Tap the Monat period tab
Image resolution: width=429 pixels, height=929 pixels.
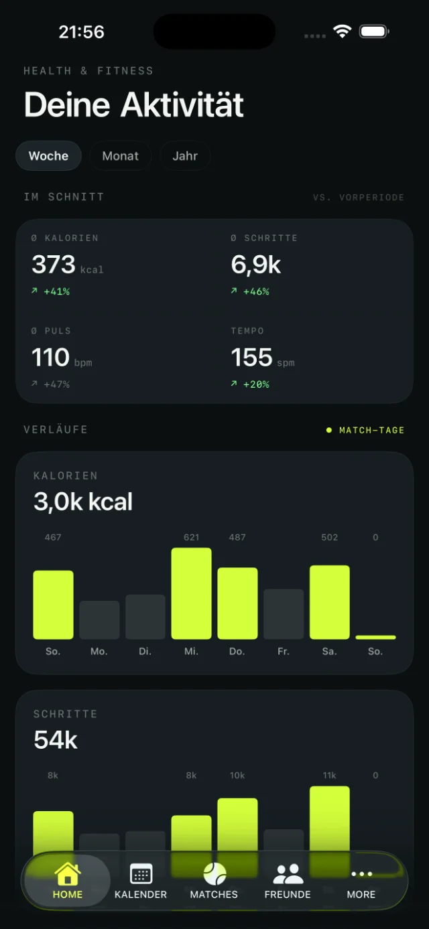120,156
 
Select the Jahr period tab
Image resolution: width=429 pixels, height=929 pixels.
185,156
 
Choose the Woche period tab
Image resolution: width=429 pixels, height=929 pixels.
48,156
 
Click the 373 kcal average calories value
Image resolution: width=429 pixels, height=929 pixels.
68,265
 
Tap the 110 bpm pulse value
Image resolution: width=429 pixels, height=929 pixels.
62,358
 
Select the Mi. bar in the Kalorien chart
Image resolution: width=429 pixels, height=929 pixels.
191,593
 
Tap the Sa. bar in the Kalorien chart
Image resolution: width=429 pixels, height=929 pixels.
329,602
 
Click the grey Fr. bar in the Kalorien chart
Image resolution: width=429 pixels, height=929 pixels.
284,614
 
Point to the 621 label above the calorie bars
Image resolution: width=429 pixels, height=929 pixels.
191,537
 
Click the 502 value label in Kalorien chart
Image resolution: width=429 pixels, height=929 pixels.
329,537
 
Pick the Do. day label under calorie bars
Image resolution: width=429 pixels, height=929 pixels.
237,652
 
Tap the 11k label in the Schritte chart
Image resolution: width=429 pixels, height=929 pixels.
329,776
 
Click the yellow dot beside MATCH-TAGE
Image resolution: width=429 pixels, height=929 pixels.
329,430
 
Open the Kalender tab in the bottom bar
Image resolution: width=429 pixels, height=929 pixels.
141,880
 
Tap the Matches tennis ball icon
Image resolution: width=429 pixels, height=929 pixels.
214,874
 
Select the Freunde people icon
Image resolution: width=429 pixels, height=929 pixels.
288,874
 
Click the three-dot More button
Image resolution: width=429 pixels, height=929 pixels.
361,874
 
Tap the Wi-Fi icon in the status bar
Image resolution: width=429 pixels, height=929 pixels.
343,31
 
